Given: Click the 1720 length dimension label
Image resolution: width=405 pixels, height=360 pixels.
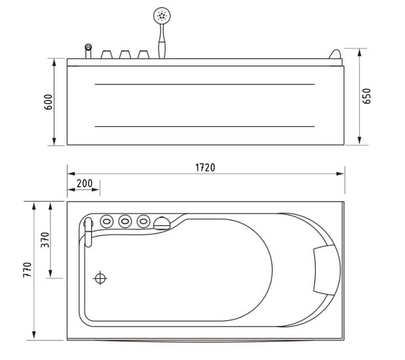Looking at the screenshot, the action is (205, 168).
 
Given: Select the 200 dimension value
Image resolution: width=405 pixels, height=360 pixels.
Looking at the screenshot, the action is (85, 183).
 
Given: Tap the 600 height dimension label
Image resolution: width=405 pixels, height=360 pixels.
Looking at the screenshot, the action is (48, 102).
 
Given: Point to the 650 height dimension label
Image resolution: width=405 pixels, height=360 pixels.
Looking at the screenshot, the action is (366, 96).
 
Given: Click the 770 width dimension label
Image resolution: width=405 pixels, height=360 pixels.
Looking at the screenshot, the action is (28, 270).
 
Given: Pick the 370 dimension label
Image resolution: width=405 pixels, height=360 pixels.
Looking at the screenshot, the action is (45, 240).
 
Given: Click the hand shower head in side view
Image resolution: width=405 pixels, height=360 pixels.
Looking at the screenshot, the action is (162, 16).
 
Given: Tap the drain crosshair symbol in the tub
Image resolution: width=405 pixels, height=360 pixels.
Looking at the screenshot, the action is (100, 278).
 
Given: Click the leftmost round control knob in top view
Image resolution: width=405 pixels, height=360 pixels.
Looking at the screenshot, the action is (107, 221).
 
